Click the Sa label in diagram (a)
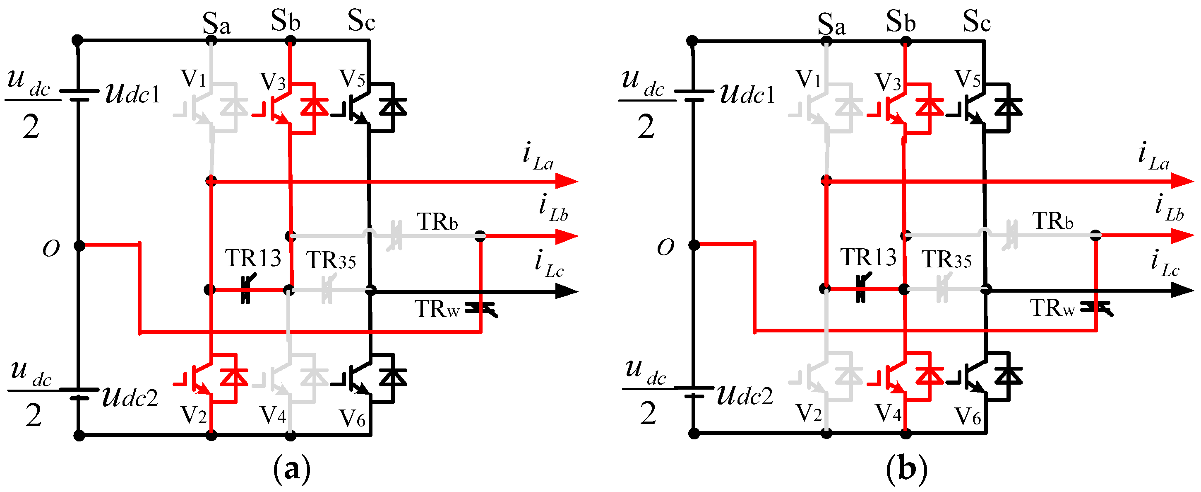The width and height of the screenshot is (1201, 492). point(216,23)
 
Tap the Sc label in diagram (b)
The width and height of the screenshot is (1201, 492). point(976,21)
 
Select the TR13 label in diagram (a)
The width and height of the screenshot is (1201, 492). point(253,258)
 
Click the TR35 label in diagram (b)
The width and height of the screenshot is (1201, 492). point(947,259)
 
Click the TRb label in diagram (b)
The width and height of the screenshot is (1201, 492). point(1053,221)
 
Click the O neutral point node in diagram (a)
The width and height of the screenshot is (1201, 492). point(79,245)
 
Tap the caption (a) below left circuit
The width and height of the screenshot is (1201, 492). point(291,469)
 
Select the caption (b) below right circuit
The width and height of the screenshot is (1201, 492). point(906,469)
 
